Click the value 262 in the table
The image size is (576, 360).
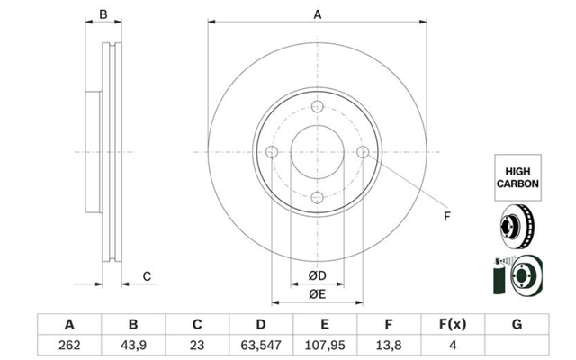point(69,345)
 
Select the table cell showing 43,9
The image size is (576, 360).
point(133,345)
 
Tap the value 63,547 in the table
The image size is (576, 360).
point(261,345)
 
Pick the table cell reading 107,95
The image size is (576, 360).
point(325,345)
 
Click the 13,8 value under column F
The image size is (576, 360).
point(389,345)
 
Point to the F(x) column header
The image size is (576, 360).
point(453,324)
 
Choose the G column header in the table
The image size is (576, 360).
point(517,324)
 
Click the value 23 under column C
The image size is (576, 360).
point(197,345)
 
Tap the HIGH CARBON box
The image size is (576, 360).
point(517,177)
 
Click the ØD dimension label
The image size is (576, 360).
point(318,275)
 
